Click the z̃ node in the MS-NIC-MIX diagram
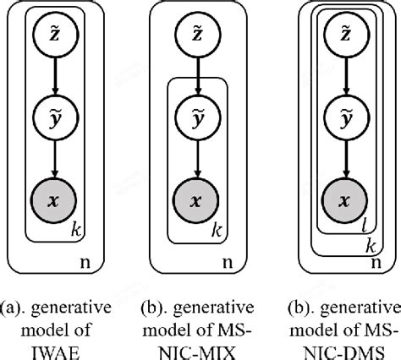click(x=196, y=37)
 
